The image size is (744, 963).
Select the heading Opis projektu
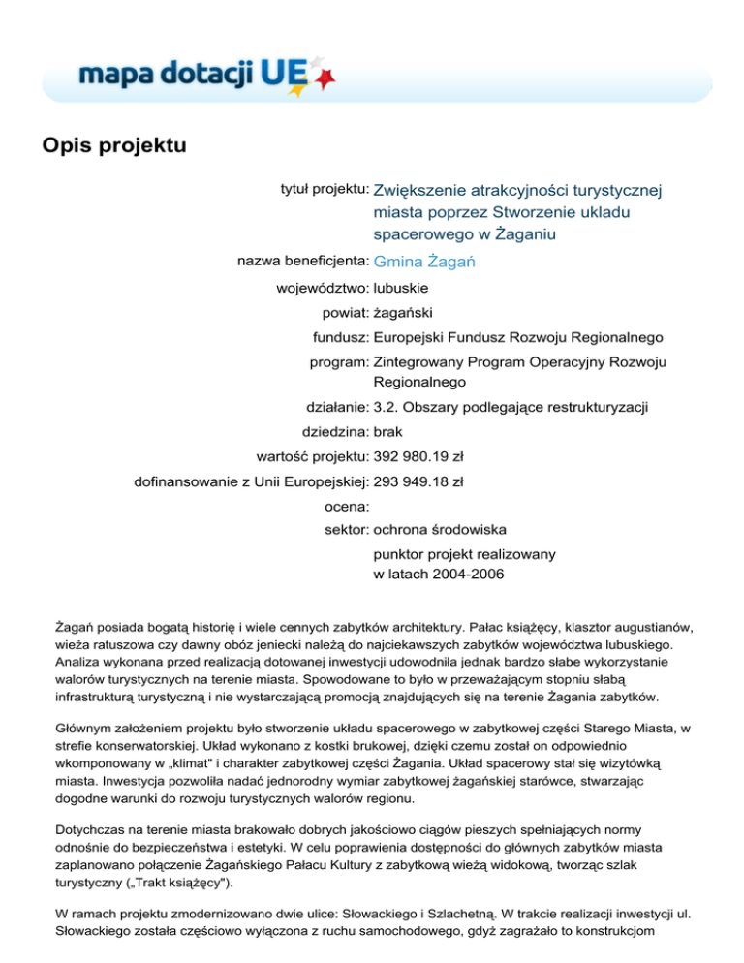(113, 146)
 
